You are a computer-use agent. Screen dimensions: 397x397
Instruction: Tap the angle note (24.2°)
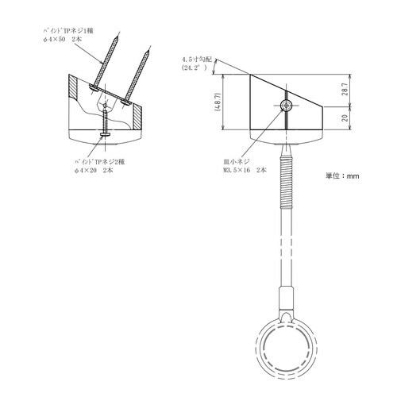195,69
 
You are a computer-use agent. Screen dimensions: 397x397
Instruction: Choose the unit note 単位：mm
342,175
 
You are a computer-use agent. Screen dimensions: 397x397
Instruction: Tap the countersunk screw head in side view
284,105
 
